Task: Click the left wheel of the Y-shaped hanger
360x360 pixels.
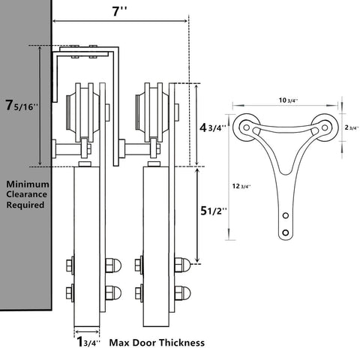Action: (x=245, y=127)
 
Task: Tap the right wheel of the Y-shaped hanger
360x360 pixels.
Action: (x=324, y=127)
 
